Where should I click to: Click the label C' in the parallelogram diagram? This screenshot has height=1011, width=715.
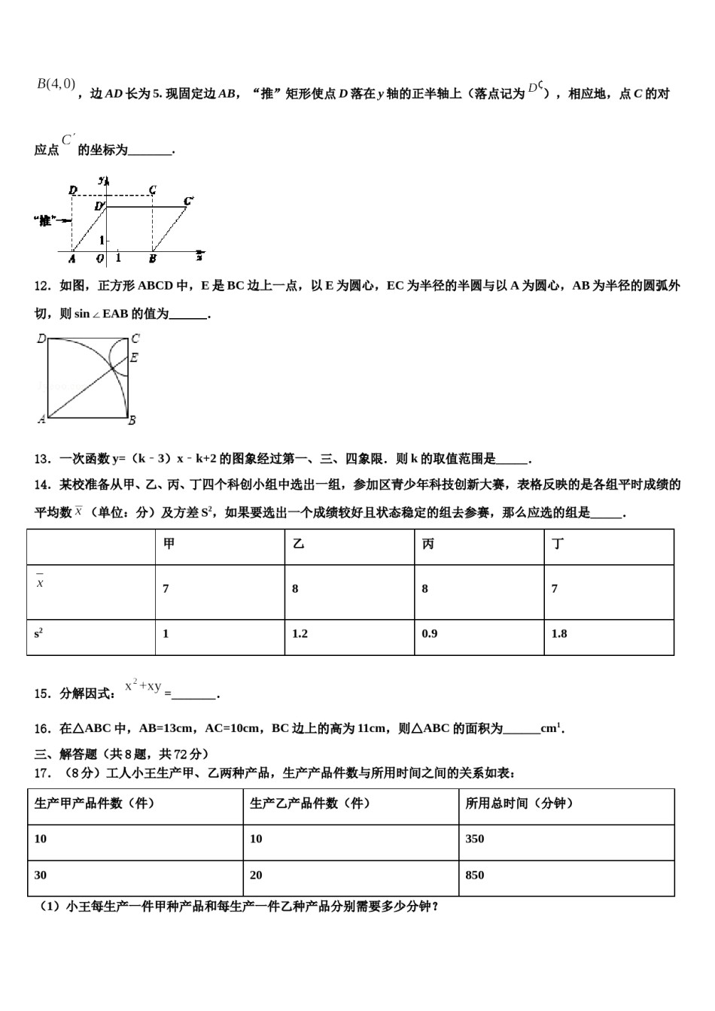[x=188, y=200]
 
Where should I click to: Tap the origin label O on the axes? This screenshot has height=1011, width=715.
[x=99, y=258]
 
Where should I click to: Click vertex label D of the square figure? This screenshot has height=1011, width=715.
[x=41, y=339]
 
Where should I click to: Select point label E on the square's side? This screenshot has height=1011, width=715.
[x=134, y=358]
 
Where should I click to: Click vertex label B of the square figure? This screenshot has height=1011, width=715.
[x=132, y=420]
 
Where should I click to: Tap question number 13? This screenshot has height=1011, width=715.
[x=42, y=459]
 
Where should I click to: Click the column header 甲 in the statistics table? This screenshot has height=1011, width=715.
[x=169, y=544]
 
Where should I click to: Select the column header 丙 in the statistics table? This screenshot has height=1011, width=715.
[x=428, y=544]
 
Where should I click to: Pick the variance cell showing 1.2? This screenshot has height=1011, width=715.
[x=300, y=633]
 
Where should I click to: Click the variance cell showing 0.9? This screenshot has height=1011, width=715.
[x=429, y=633]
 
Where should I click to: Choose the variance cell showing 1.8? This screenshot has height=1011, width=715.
[x=558, y=633]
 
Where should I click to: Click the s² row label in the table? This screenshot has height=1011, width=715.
[x=38, y=633]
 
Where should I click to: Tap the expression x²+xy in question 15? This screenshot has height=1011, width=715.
[x=143, y=687]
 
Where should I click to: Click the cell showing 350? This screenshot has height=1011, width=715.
[x=475, y=839]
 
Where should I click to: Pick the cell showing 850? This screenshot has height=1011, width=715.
[x=475, y=875]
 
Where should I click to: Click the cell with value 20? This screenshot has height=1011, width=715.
[x=256, y=875]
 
